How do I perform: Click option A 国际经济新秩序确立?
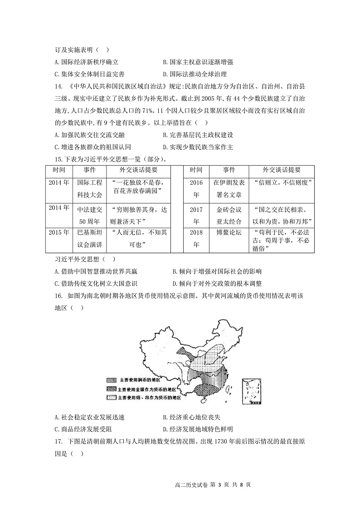[86, 62]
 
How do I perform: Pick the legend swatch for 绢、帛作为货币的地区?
[112, 397]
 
